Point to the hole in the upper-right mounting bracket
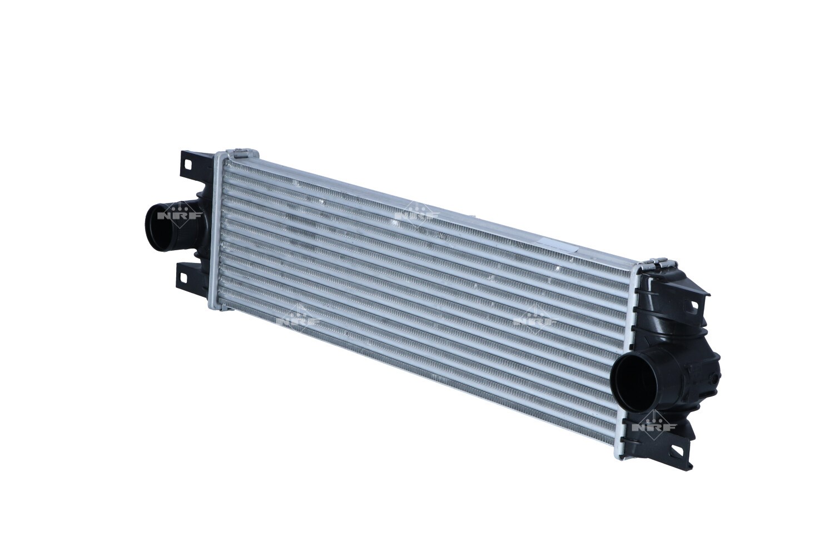(x=693, y=304)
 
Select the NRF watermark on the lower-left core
(x=298, y=320)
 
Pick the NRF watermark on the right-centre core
(x=535, y=320)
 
